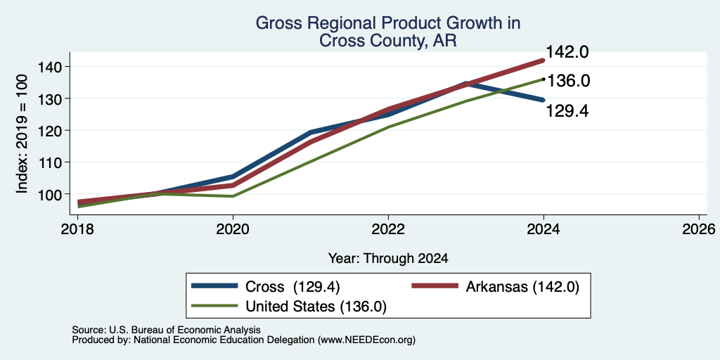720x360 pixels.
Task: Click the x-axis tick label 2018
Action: coord(78,229)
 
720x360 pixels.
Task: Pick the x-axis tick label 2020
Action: coord(233,229)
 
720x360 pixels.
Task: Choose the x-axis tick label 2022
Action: coord(388,229)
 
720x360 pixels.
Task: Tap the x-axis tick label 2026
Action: coord(699,229)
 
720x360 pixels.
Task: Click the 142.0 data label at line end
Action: coord(567,52)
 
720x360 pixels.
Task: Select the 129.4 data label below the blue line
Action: coord(567,110)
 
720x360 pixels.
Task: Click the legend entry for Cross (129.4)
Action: coord(266,287)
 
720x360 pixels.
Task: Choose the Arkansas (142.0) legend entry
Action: coord(495,287)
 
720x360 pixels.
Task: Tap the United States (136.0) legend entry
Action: coord(289,307)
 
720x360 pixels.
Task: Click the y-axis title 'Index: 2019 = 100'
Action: coord(22,134)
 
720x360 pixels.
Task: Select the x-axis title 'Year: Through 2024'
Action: coord(388,259)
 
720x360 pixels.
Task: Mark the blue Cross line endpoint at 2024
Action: coord(544,100)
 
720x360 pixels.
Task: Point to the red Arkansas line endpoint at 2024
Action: coord(544,60)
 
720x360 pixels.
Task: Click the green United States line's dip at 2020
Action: coord(233,196)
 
